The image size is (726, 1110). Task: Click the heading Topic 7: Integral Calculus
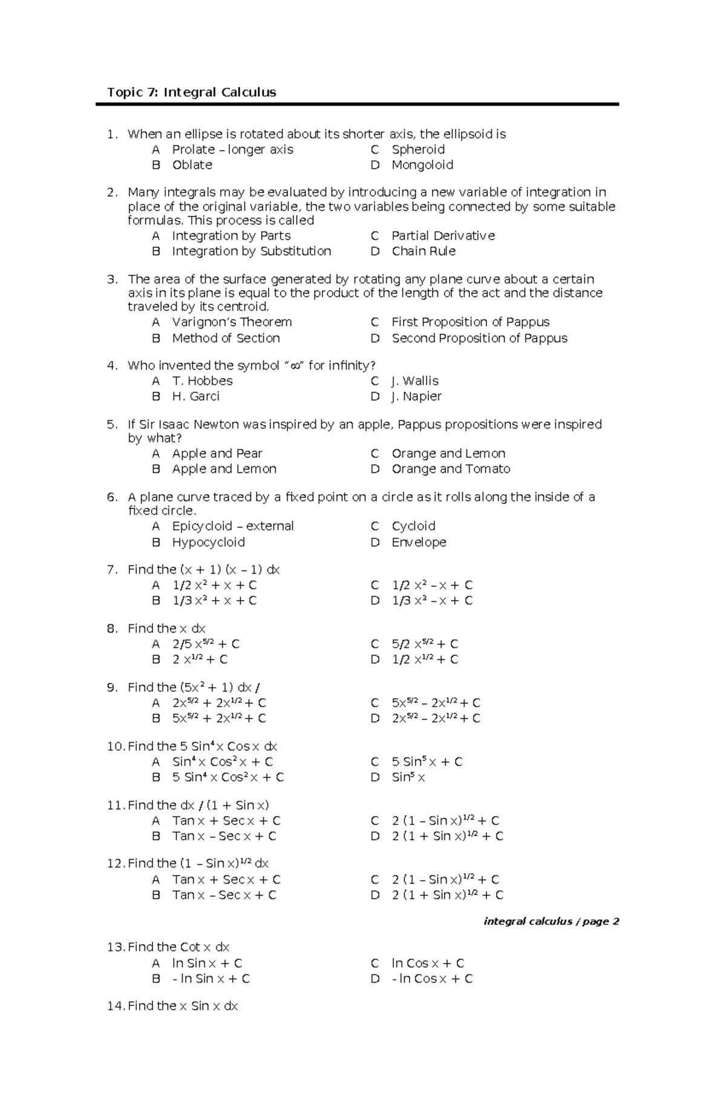191,93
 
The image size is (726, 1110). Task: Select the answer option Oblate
192,165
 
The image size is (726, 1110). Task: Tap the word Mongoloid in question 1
422,165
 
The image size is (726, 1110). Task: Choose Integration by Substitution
251,251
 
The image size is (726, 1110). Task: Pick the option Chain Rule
423,251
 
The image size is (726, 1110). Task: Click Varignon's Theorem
232,322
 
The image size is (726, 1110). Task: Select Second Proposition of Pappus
479,338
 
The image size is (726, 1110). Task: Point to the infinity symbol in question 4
295,366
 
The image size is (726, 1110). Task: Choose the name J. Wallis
414,381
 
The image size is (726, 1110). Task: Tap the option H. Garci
195,396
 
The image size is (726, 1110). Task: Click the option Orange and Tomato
451,469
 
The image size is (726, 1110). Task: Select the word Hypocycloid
208,543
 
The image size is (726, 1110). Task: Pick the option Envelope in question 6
419,543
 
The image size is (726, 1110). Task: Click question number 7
112,570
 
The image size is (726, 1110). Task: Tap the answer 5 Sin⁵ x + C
427,762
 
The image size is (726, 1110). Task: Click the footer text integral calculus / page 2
551,922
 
